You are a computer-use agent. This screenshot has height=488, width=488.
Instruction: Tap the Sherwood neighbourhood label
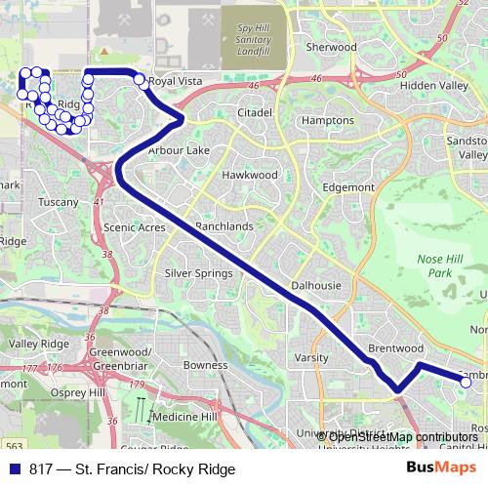pos(326,46)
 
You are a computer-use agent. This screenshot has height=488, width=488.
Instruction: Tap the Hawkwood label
pos(250,175)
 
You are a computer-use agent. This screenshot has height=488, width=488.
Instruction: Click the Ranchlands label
pos(224,226)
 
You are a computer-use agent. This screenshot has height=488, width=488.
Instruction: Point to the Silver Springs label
pos(198,273)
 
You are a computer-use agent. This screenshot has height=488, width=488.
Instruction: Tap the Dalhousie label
pos(315,285)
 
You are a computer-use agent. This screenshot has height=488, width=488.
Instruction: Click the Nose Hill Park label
pos(436,265)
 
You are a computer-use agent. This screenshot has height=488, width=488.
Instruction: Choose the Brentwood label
pos(395,347)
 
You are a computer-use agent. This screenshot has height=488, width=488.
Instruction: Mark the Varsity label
pos(311,358)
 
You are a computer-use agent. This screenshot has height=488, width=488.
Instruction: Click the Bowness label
pos(205,365)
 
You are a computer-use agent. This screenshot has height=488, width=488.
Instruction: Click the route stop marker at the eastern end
pos(466,383)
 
